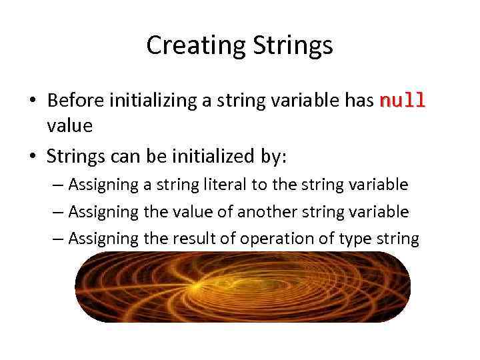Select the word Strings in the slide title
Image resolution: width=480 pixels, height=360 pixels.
293,46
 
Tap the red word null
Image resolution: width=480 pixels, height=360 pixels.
402,101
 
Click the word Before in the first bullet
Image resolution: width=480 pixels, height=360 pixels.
75,101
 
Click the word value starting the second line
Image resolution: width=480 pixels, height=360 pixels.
69,125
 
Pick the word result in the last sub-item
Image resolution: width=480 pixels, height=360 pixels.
193,239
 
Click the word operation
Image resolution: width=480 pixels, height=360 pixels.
262,239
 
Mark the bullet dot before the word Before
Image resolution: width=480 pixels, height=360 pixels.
32,101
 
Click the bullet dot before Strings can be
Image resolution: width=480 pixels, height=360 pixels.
32,157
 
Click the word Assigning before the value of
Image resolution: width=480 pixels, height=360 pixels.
103,212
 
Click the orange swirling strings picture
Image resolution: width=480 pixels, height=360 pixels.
242,287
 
